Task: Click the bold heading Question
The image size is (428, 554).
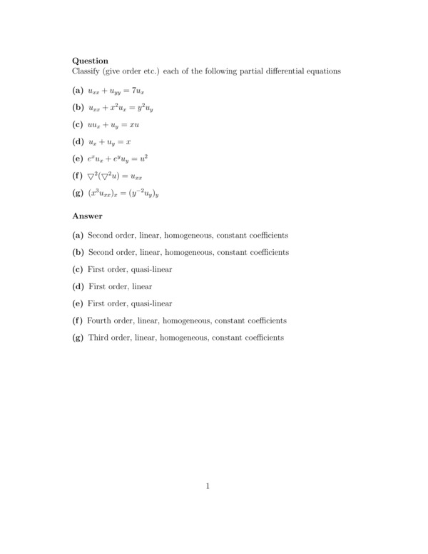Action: click(x=90, y=61)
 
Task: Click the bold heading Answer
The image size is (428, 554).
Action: click(x=87, y=216)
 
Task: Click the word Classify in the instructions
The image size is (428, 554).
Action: click(x=86, y=71)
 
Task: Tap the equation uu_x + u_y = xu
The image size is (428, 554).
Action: click(x=113, y=125)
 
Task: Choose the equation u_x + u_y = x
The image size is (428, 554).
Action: click(x=108, y=141)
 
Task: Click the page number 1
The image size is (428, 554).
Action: click(x=208, y=487)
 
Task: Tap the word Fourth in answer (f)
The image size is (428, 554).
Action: click(x=99, y=321)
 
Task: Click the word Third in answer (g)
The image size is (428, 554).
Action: click(x=98, y=338)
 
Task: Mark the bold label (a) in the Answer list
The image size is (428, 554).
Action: click(x=78, y=236)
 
